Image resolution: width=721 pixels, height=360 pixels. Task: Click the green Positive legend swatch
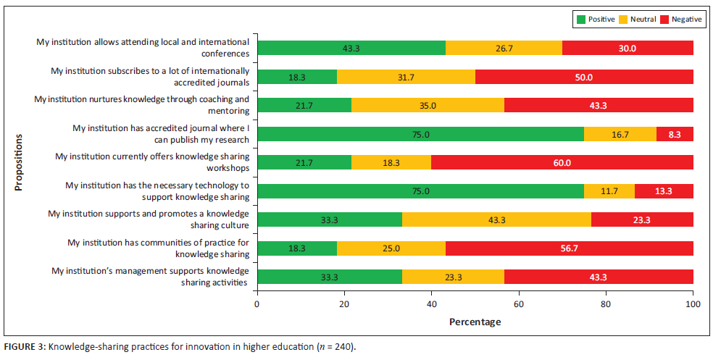pyautogui.click(x=579, y=20)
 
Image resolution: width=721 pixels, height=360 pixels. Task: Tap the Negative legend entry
pyautogui.click(x=681, y=20)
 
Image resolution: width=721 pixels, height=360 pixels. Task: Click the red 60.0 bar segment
pyautogui.click(x=562, y=162)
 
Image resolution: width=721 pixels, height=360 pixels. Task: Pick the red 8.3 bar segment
pyautogui.click(x=675, y=134)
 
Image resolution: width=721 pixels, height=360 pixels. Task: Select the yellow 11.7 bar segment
pyautogui.click(x=609, y=191)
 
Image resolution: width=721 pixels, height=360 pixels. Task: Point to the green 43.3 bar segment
pyautogui.click(x=351, y=48)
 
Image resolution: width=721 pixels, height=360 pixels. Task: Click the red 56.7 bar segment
pyautogui.click(x=569, y=248)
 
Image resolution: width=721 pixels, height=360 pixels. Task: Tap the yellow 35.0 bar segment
pyautogui.click(x=428, y=105)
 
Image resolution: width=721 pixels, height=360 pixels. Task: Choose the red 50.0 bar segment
pyautogui.click(x=584, y=77)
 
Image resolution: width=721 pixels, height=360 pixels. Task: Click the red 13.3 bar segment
pyautogui.click(x=664, y=191)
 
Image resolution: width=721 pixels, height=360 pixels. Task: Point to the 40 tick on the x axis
pyautogui.click(x=432, y=304)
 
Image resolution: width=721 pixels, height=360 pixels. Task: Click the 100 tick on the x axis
pyautogui.click(x=693, y=304)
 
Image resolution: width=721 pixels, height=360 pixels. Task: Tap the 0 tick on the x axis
pyautogui.click(x=257, y=304)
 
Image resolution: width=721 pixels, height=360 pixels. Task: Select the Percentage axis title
pyautogui.click(x=475, y=321)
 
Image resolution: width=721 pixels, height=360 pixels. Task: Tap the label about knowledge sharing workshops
pyautogui.click(x=152, y=162)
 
